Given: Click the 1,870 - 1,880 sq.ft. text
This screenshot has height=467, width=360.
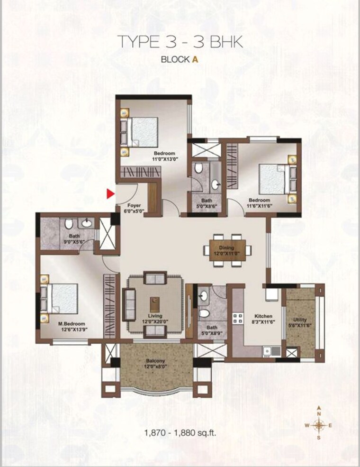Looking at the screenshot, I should (x=180, y=432).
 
